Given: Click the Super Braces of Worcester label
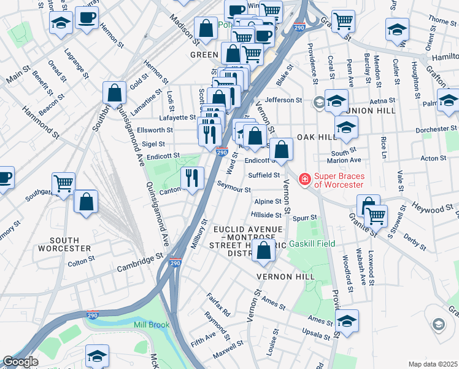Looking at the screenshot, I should (x=339, y=180).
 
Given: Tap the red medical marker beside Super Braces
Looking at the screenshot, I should (x=303, y=180).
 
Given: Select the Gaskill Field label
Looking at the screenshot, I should (x=316, y=244).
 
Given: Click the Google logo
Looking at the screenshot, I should (x=20, y=362).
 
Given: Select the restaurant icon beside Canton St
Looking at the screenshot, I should (x=192, y=178).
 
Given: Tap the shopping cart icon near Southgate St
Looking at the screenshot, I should (x=64, y=183).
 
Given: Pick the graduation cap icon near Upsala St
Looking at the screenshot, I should (x=347, y=321).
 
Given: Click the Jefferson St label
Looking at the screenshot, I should (x=284, y=100).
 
